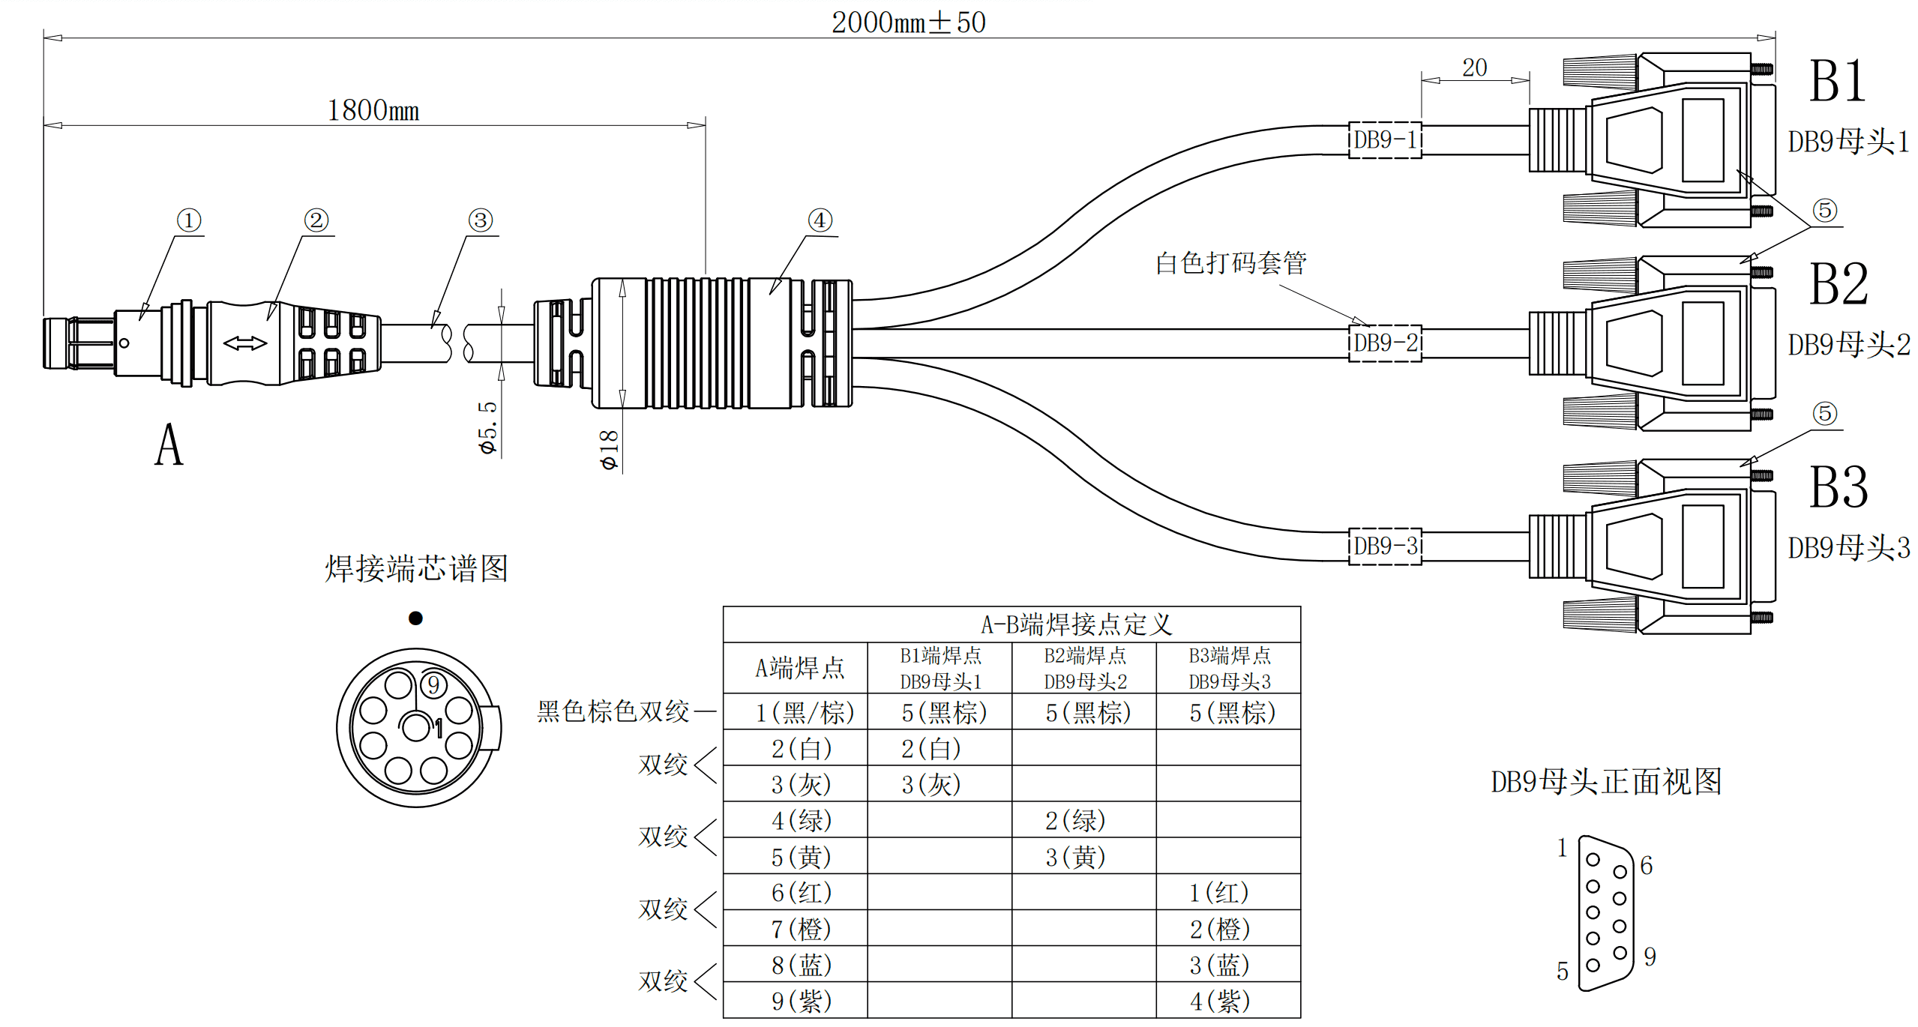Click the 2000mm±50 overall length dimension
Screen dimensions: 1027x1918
click(x=908, y=22)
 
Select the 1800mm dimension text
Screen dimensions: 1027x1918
click(x=373, y=111)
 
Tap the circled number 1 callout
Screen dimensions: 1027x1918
click(x=188, y=220)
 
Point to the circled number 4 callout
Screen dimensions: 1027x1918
click(x=820, y=220)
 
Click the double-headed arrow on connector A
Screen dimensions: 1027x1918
click(x=245, y=343)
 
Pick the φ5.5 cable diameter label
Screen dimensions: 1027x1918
click(x=487, y=427)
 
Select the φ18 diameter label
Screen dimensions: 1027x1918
click(x=609, y=450)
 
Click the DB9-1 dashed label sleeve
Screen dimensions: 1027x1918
click(x=1384, y=140)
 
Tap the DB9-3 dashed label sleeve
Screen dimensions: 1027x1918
click(x=1384, y=546)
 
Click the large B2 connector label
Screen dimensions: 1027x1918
click(x=1838, y=284)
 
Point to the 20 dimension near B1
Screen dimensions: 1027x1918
click(x=1474, y=68)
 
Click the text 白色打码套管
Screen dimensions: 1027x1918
click(x=1230, y=263)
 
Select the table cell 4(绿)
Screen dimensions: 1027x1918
click(x=802, y=820)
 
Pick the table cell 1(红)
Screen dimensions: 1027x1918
click(x=1219, y=892)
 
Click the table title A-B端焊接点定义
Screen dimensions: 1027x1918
click(x=1076, y=624)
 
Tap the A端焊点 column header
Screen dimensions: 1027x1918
click(x=799, y=668)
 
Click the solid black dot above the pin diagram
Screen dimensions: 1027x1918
click(x=415, y=618)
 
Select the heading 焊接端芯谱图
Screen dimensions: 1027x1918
click(x=416, y=568)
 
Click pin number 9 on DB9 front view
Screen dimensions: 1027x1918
click(x=1650, y=957)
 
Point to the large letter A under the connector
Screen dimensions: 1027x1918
click(x=169, y=445)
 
